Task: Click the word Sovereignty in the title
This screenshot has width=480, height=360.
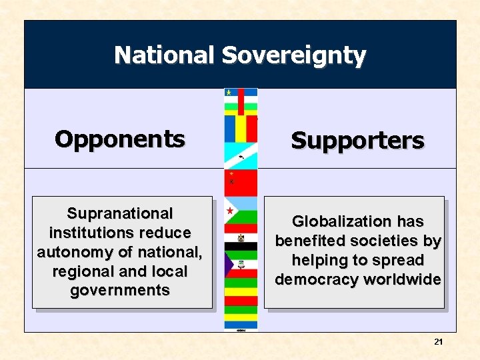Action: [293, 56]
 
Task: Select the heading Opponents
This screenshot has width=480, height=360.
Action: [120, 139]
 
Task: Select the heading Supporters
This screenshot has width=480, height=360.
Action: [357, 141]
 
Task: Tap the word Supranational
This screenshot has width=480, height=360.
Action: [120, 213]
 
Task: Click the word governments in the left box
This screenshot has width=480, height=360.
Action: [120, 291]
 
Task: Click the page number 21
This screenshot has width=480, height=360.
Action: [438, 341]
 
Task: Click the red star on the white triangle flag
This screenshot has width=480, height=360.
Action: [230, 211]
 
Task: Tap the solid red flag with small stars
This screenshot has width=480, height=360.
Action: [241, 182]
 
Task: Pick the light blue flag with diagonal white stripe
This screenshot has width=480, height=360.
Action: [241, 156]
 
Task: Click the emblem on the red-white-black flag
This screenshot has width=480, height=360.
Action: [241, 238]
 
